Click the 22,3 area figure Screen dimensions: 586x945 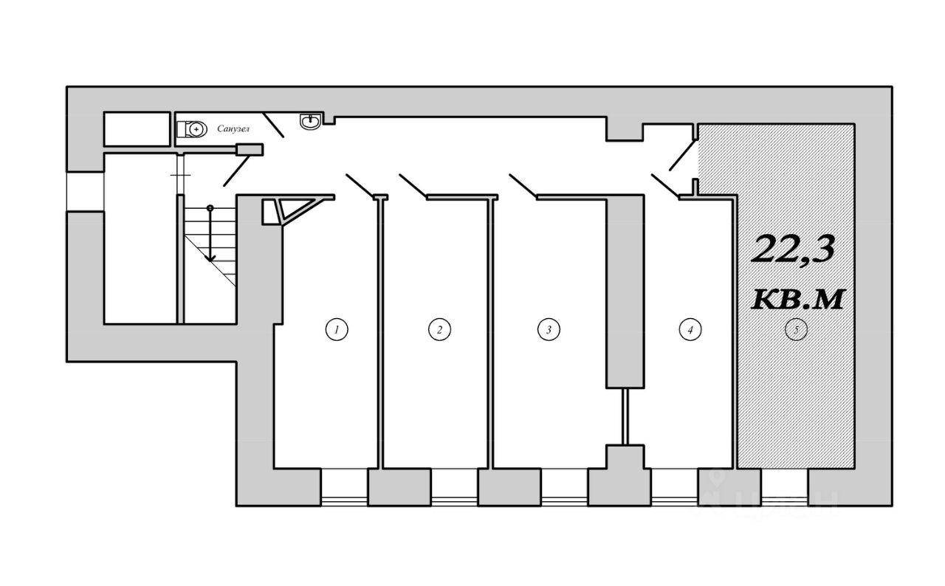pyautogui.click(x=794, y=249)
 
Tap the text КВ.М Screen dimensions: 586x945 pyautogui.click(x=797, y=300)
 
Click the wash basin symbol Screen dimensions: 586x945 pyautogui.click(x=310, y=120)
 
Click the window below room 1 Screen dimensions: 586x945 pyautogui.click(x=344, y=486)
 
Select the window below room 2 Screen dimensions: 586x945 pyautogui.click(x=454, y=486)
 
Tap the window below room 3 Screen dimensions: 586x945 pyautogui.click(x=564, y=486)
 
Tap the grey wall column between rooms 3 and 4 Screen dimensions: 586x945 pyautogui.click(x=625, y=292)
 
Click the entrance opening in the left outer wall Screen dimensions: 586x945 pyautogui.click(x=85, y=192)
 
